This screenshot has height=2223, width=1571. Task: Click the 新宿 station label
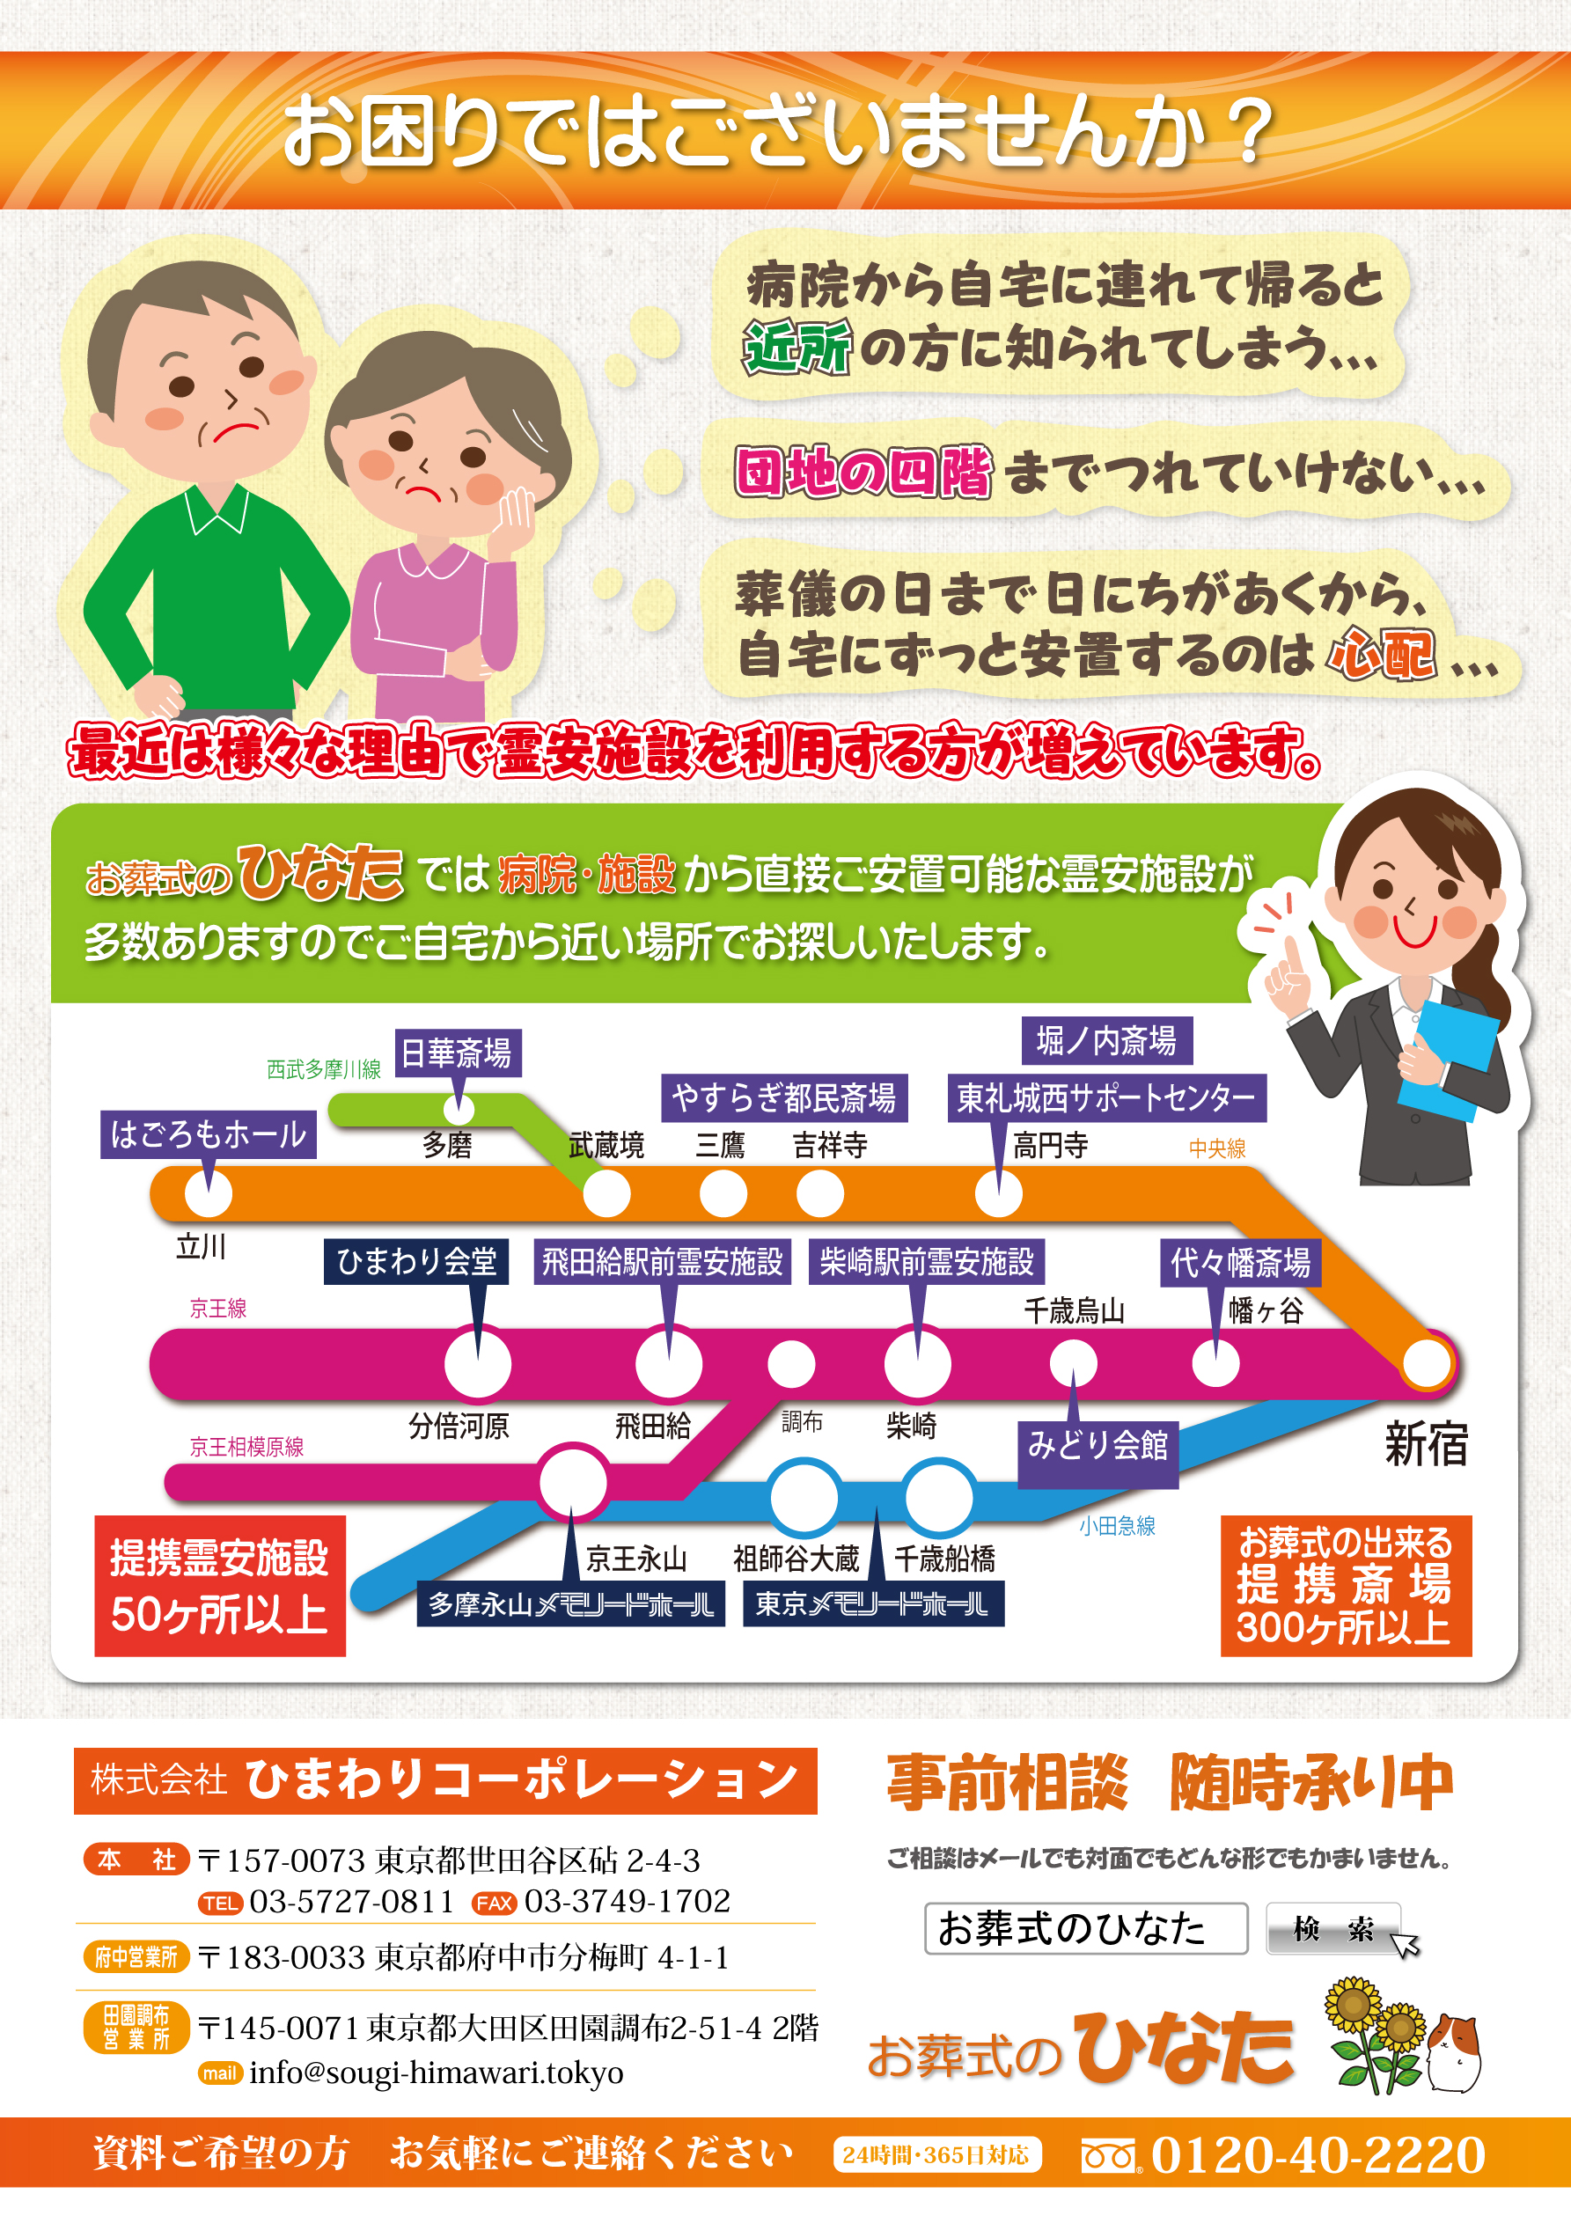1426,1443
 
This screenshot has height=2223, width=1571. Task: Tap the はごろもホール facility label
209,1134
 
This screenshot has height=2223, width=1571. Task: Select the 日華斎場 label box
457,1053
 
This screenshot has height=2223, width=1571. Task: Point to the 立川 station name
201,1246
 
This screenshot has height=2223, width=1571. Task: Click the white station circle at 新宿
1426,1364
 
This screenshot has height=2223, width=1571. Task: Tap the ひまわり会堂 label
416,1262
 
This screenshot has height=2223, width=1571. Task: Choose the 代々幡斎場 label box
1240,1263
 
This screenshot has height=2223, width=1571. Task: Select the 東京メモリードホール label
873,1604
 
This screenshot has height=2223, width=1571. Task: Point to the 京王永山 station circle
572,1482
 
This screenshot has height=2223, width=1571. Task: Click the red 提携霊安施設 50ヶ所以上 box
220,1586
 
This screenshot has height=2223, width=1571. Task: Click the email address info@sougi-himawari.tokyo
436,2073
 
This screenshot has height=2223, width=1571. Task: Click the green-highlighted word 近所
797,347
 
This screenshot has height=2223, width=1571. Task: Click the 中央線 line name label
1216,1148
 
